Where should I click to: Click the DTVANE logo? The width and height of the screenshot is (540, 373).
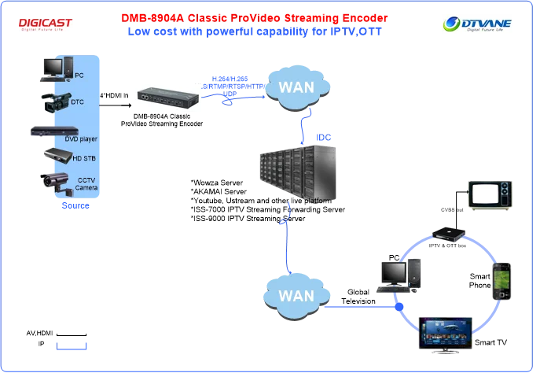click(x=477, y=25)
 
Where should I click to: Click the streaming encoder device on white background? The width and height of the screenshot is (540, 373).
click(x=169, y=96)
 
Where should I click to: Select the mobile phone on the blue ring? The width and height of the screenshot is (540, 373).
click(x=502, y=279)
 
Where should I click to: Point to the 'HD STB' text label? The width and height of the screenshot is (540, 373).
click(x=83, y=159)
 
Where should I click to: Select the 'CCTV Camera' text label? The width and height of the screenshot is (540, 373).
click(x=86, y=183)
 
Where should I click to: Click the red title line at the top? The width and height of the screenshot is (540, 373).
click(x=254, y=17)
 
